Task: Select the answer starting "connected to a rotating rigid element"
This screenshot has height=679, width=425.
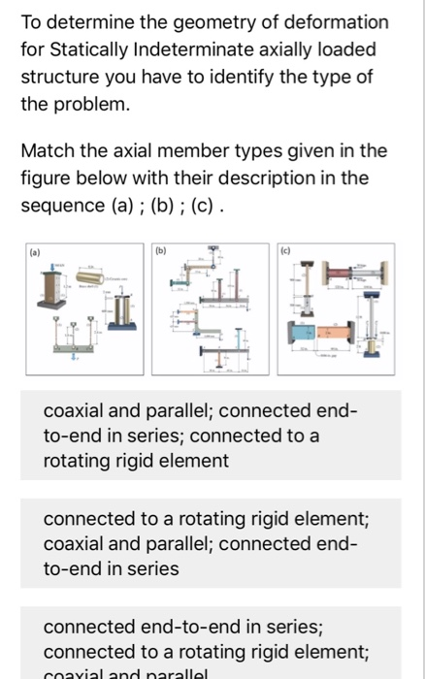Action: point(212,544)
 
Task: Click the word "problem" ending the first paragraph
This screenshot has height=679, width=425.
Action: point(91,103)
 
